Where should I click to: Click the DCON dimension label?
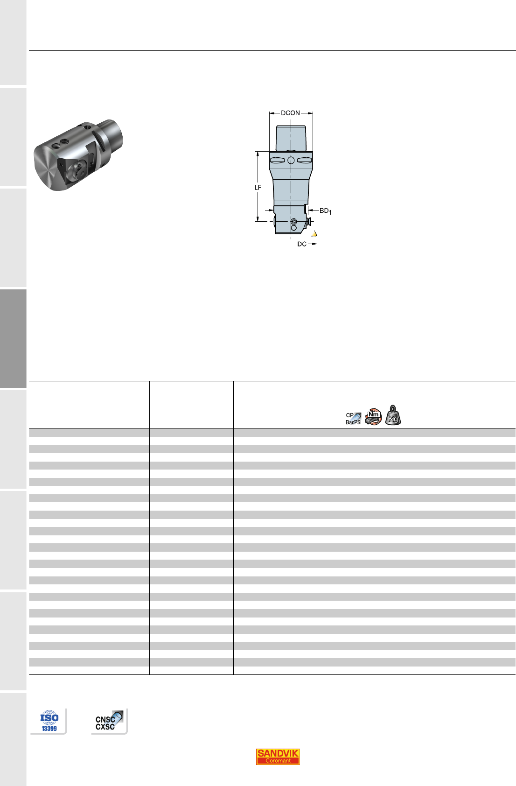[x=290, y=113]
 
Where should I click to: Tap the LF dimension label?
[x=258, y=188]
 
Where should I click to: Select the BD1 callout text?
[x=325, y=211]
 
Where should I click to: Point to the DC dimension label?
[x=302, y=244]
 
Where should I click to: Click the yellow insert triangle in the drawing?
[x=314, y=233]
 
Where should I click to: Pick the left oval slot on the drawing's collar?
[x=277, y=161]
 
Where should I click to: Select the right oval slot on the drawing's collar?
[x=305, y=161]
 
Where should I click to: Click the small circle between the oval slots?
[x=291, y=161]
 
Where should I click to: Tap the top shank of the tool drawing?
[x=291, y=138]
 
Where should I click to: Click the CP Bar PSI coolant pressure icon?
[x=354, y=419]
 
